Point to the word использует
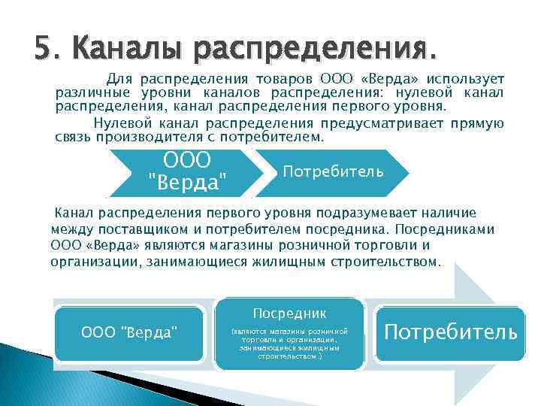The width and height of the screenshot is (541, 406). [466, 79]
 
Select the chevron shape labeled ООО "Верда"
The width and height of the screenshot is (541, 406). [187, 171]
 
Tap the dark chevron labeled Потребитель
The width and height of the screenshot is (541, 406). [333, 171]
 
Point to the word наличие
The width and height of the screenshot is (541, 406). [449, 214]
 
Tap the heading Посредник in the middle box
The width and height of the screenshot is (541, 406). [290, 312]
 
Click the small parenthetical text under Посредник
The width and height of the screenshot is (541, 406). [290, 343]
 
